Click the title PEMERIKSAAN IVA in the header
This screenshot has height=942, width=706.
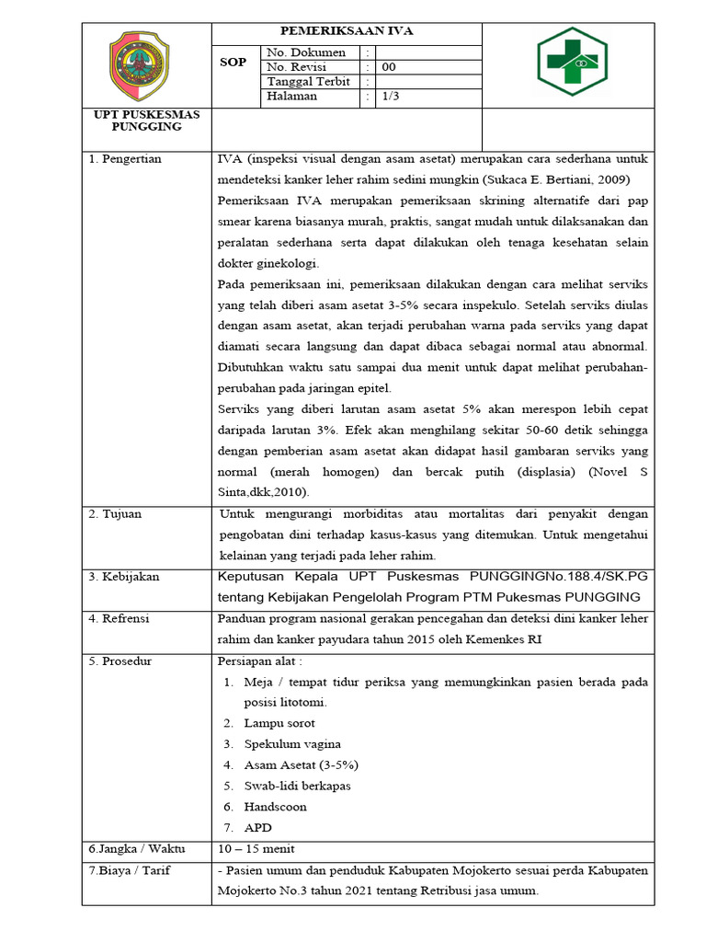[347, 31]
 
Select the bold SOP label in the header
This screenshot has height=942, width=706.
[233, 63]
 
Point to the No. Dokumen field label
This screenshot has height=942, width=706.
[305, 52]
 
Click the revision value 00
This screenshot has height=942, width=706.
[389, 67]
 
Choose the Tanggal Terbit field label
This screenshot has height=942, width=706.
[307, 81]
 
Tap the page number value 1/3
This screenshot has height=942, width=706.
[391, 96]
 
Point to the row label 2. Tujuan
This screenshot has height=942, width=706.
[116, 514]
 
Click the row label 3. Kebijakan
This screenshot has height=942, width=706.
[124, 577]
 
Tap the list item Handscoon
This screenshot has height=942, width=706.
[275, 807]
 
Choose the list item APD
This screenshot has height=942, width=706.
[257, 828]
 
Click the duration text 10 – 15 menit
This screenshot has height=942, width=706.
[256, 849]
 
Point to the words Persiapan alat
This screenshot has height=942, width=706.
[258, 661]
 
